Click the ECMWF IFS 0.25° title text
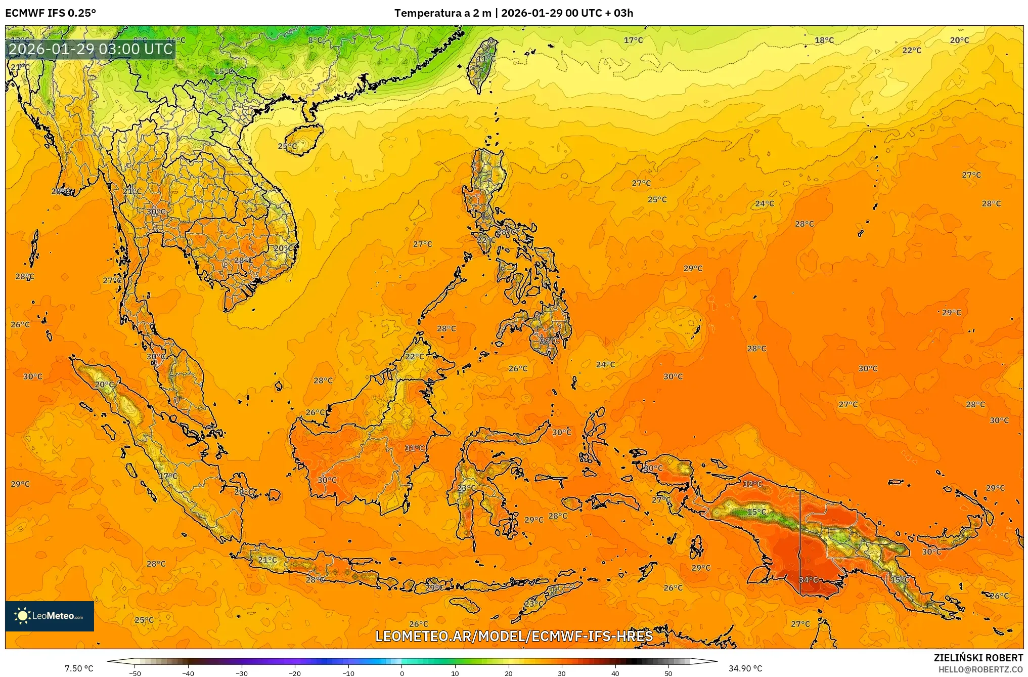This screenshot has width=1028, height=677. click(50, 13)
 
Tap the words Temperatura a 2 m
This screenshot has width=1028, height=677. click(442, 13)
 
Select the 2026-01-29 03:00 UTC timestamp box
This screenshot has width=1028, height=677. click(91, 49)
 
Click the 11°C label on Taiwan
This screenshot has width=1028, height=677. click(486, 59)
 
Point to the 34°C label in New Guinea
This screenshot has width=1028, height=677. click(808, 580)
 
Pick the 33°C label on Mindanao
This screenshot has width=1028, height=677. click(549, 341)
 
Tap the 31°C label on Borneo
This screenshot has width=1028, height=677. click(414, 448)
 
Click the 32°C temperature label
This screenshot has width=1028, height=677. click(752, 484)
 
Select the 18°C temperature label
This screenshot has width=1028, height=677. click(824, 40)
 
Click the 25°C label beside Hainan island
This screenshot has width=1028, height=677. click(288, 147)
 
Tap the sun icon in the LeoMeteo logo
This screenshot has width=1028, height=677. click(22, 616)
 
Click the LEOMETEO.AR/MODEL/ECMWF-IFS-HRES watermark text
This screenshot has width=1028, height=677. click(514, 636)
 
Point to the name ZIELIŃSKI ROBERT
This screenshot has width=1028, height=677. click(978, 658)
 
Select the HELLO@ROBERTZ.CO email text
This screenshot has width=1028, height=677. click(980, 669)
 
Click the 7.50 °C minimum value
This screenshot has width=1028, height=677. click(79, 668)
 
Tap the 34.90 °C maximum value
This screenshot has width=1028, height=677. click(745, 668)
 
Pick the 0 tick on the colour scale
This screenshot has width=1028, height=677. click(402, 673)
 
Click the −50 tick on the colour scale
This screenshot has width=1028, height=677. click(135, 673)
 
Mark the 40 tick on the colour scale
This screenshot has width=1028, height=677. click(615, 673)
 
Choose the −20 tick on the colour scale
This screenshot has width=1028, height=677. click(295, 673)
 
